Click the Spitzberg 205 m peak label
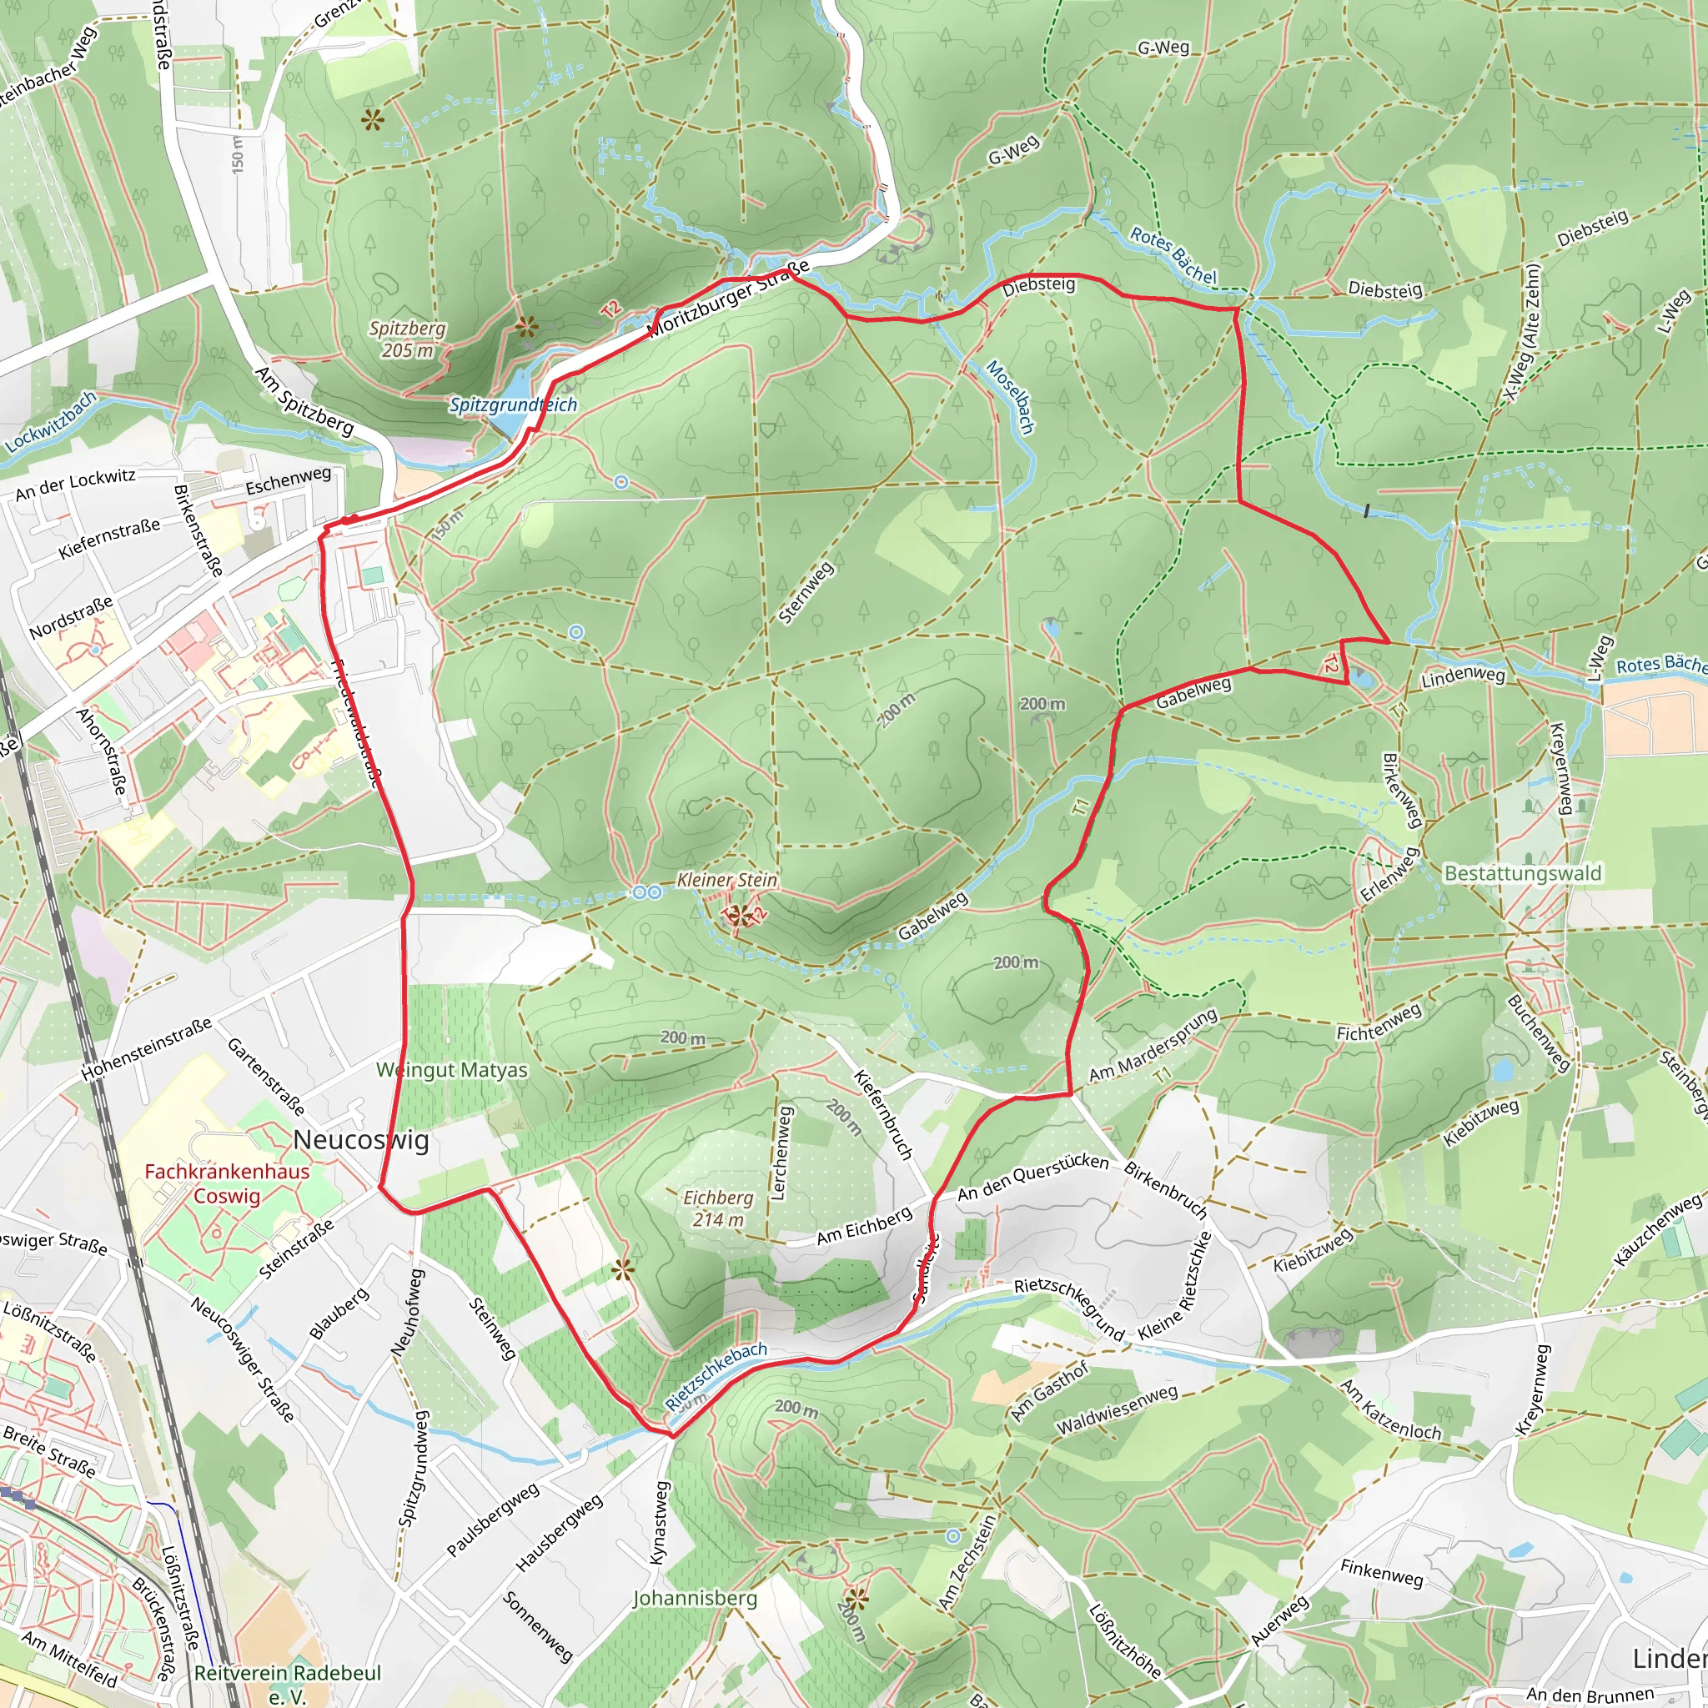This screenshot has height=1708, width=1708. [407, 339]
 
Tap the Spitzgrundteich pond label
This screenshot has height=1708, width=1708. [513, 404]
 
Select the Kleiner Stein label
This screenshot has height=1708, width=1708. [726, 881]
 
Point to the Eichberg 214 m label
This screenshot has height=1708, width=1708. [718, 1208]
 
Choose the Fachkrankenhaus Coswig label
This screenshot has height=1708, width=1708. [227, 1183]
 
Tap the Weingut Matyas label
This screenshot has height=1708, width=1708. [452, 1071]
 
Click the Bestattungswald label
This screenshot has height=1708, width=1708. [1522, 873]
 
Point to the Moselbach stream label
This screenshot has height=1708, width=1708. [1010, 396]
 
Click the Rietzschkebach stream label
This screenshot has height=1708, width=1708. [716, 1376]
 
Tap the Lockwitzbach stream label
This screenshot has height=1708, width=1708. [50, 423]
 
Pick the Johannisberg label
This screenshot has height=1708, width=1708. [695, 1599]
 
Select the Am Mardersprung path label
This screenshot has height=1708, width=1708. [1153, 1045]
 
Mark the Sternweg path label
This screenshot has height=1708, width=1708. [806, 593]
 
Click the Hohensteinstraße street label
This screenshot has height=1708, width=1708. [147, 1049]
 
